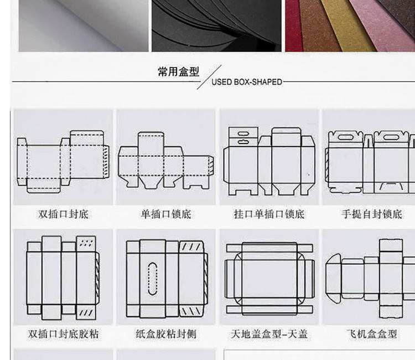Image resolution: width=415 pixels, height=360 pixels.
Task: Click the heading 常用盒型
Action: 178,72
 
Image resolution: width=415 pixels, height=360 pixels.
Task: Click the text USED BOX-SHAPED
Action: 247,82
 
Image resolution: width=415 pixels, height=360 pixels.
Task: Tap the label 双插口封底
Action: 63,214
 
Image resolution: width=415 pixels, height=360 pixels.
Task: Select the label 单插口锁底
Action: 165,214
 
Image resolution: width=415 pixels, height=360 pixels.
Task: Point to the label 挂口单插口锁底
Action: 269,214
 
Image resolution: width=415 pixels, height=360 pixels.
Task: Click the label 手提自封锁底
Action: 371,214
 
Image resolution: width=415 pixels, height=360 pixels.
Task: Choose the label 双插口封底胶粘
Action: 63,335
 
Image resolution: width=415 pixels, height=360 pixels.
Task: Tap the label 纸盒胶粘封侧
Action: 165,335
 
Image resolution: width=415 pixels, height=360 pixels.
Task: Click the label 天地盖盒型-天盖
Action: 269,335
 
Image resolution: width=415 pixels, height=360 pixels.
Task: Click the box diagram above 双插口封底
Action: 61,161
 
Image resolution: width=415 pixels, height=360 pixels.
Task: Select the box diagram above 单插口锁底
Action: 165,161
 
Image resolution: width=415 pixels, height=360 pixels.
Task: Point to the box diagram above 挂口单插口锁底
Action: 269,161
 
